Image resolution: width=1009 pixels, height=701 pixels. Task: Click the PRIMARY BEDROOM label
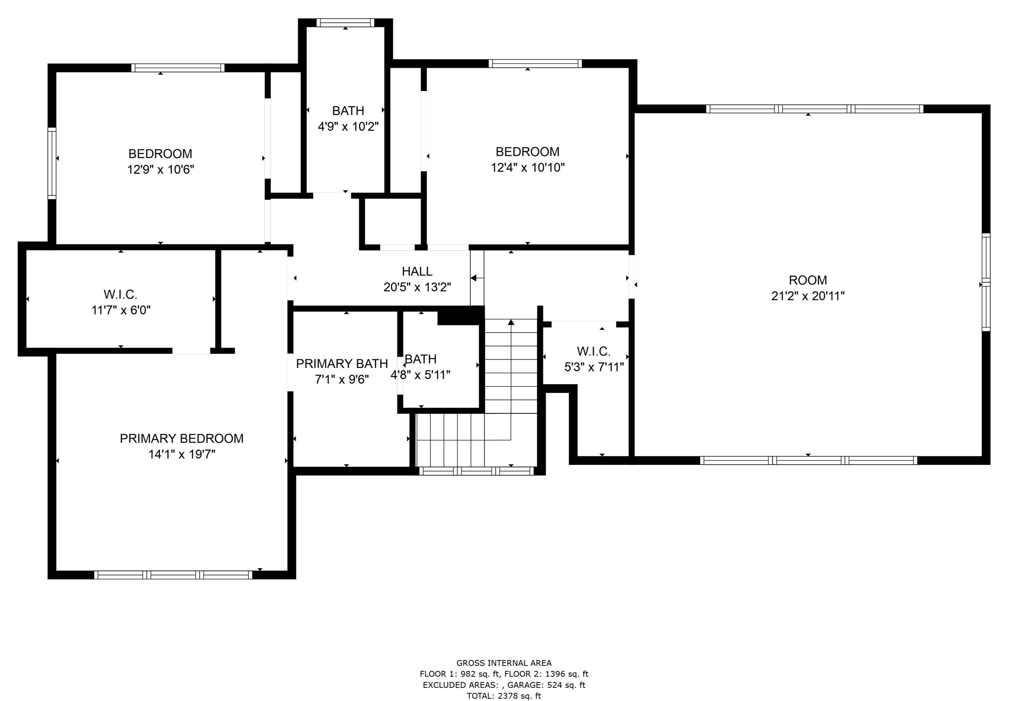(182, 438)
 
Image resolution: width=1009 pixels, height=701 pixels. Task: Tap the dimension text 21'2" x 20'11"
(808, 296)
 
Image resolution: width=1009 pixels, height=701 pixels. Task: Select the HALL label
(417, 272)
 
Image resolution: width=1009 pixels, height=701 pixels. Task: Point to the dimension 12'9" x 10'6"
(160, 170)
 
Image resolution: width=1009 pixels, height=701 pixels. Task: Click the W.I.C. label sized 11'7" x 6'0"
(120, 294)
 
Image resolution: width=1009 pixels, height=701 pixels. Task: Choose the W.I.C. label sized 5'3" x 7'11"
(593, 352)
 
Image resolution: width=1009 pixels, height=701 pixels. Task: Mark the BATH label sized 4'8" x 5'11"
(420, 359)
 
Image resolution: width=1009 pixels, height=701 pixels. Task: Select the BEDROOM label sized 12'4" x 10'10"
(527, 152)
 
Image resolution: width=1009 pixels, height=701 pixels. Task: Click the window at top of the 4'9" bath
(345, 23)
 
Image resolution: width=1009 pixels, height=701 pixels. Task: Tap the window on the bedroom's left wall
(52, 163)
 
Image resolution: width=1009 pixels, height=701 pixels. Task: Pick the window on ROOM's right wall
(986, 282)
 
